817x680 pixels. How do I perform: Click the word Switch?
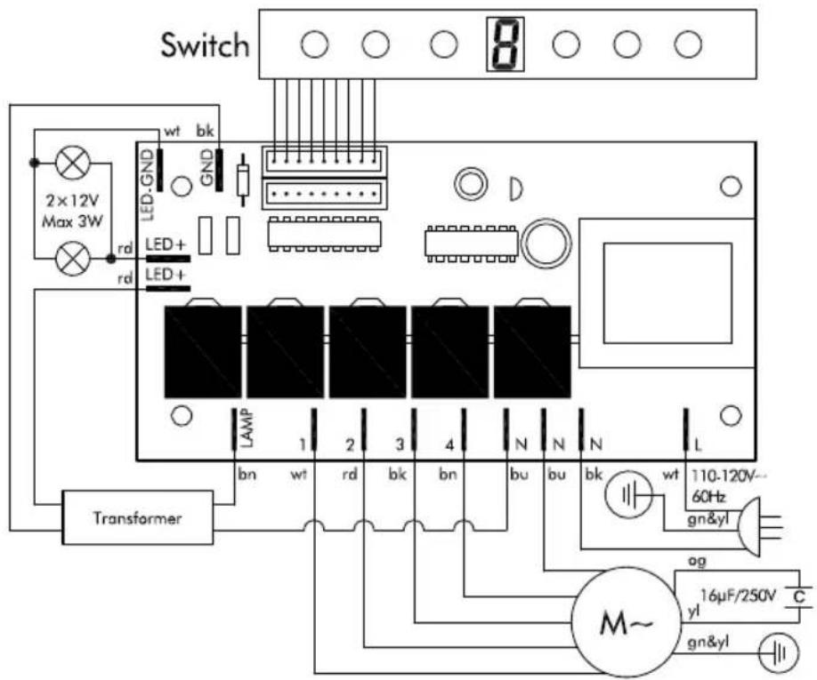(205, 44)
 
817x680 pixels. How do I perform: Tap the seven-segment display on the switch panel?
(505, 44)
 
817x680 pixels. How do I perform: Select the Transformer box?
(138, 517)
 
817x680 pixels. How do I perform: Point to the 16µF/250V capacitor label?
(738, 595)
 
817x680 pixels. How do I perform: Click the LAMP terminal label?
(248, 429)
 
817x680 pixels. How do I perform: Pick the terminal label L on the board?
(699, 445)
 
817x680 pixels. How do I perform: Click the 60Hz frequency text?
(708, 496)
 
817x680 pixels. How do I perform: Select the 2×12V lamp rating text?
(72, 201)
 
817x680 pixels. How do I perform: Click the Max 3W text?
(72, 221)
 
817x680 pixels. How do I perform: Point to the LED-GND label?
(149, 184)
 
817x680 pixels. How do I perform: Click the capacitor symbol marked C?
(798, 596)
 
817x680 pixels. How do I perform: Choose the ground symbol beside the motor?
(778, 651)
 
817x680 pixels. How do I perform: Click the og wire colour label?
(697, 562)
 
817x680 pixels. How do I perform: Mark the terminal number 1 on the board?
(303, 445)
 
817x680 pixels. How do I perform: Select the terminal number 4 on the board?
(450, 445)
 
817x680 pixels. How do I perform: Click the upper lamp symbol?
(73, 163)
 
